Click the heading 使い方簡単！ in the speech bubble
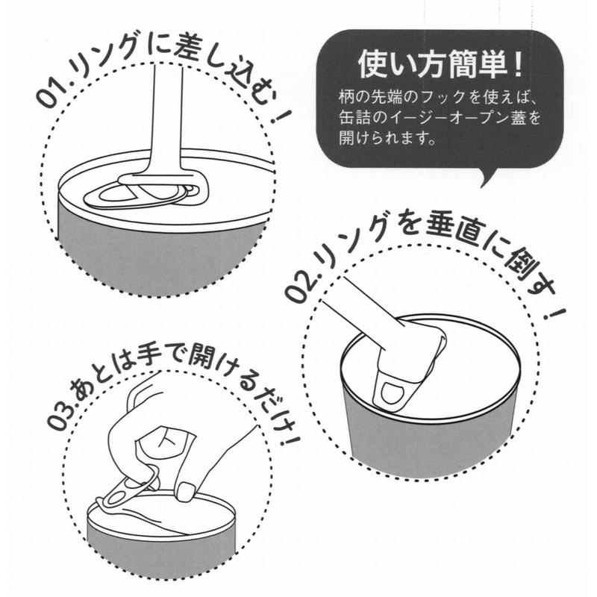[440, 66]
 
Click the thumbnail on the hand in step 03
[187, 491]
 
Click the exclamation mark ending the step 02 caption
[555, 313]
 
